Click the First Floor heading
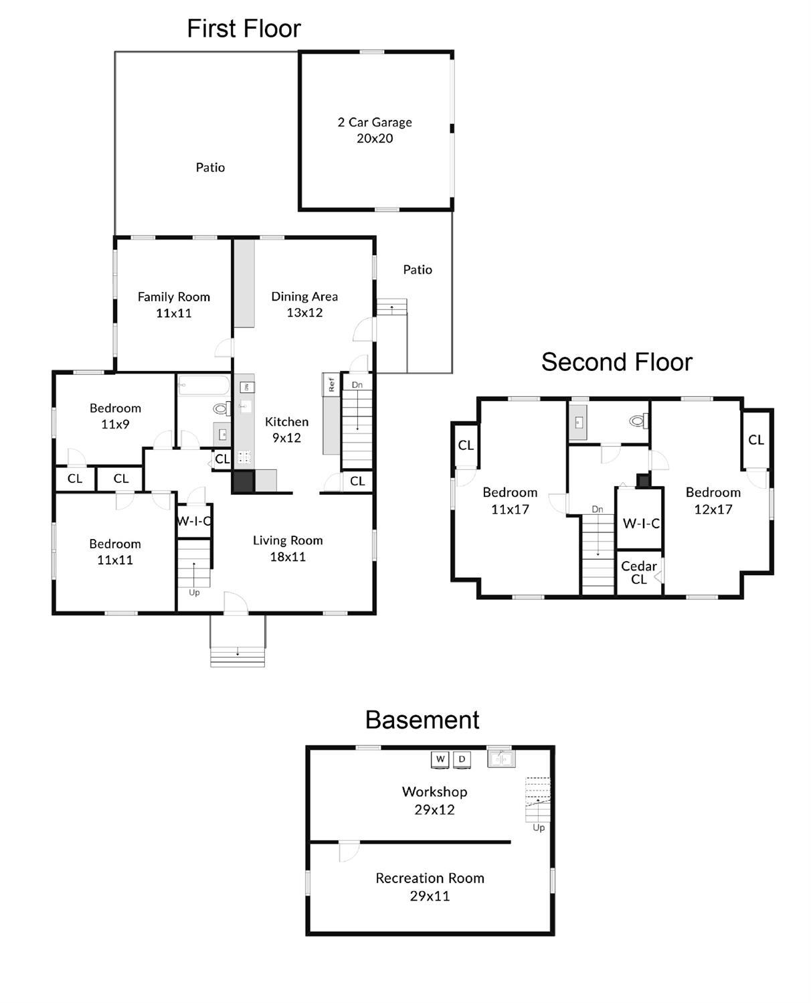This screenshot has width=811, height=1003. [244, 29]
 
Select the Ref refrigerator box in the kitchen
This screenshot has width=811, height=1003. [331, 384]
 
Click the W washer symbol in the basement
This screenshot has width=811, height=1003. [440, 759]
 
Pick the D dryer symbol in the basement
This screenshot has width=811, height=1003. [462, 759]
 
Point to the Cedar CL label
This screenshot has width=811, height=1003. [638, 572]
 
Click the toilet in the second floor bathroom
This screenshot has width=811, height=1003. [640, 420]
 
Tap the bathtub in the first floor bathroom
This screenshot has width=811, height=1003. [203, 386]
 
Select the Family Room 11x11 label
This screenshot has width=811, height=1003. [173, 305]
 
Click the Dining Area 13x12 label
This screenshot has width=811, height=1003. [304, 304]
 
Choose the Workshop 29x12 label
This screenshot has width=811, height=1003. [434, 801]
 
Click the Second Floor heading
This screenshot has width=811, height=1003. [617, 362]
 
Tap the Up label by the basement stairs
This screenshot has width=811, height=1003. [539, 828]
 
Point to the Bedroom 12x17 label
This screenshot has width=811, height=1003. [713, 501]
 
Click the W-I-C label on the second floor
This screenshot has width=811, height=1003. [641, 523]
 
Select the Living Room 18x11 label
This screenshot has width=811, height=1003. [288, 548]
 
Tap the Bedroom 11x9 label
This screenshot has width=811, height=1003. [115, 416]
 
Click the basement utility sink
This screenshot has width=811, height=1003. [501, 758]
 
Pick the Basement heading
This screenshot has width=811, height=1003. [422, 720]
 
